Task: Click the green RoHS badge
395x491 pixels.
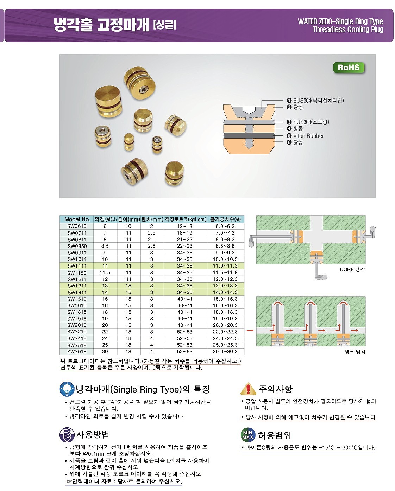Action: tap(349, 68)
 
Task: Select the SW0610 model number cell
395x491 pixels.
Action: tap(77, 226)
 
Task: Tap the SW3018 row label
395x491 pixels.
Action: tap(77, 351)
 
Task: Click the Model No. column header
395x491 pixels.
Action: tap(77, 219)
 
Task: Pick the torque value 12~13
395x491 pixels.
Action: tap(185, 226)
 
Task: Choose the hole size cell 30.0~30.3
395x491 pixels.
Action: tap(225, 351)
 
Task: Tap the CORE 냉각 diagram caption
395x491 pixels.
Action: tap(352, 269)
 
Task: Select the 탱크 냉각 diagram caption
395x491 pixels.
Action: tap(355, 351)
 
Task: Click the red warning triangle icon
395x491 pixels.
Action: tap(248, 389)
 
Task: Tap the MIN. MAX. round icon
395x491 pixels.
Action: tap(248, 435)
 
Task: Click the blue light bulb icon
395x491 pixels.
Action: tap(67, 389)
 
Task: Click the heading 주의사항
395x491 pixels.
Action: tap(275, 389)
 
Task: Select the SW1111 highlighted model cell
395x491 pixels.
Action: tap(77, 266)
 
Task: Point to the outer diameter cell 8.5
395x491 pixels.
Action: tap(105, 246)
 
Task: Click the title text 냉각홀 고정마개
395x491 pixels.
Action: tap(101, 25)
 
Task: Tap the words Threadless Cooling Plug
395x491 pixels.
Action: tap(348, 30)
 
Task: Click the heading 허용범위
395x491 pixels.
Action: tap(275, 435)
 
